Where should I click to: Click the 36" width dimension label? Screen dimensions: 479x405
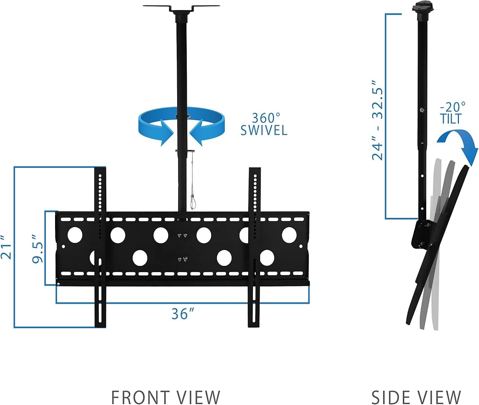[x=182, y=313]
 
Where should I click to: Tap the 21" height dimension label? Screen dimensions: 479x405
[x=6, y=247]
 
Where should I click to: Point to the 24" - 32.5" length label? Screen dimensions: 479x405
[x=377, y=120]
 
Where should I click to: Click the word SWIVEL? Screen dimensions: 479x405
[x=264, y=130]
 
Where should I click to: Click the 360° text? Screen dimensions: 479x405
[x=265, y=118]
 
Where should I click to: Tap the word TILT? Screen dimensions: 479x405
[x=451, y=119]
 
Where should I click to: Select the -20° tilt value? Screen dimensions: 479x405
[x=453, y=107]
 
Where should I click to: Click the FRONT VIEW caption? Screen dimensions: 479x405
[x=166, y=397]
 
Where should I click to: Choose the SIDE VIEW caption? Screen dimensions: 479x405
[x=416, y=397]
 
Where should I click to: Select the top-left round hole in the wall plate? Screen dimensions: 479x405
[x=75, y=235]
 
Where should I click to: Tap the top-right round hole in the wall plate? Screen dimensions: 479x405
[x=289, y=235]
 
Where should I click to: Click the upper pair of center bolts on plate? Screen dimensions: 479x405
[x=182, y=235]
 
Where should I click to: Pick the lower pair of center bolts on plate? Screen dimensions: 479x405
[x=182, y=259]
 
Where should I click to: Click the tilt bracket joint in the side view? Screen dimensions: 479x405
[x=423, y=234]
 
